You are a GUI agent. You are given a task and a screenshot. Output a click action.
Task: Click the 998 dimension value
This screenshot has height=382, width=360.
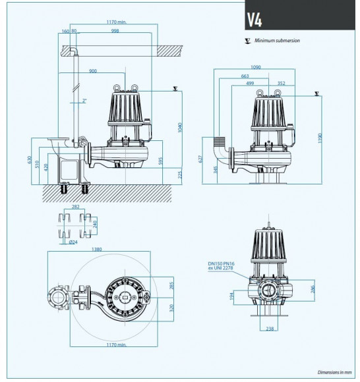115,32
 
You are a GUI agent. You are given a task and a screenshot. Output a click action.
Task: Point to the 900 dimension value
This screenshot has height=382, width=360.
93,70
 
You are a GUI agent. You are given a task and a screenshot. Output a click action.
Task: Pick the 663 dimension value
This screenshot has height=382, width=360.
245,76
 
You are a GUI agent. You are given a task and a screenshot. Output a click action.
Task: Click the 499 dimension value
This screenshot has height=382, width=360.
251,83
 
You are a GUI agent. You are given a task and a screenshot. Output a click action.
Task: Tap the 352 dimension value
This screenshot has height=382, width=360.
282,83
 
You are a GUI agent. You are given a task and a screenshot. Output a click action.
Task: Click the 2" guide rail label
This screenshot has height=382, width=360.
84,101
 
